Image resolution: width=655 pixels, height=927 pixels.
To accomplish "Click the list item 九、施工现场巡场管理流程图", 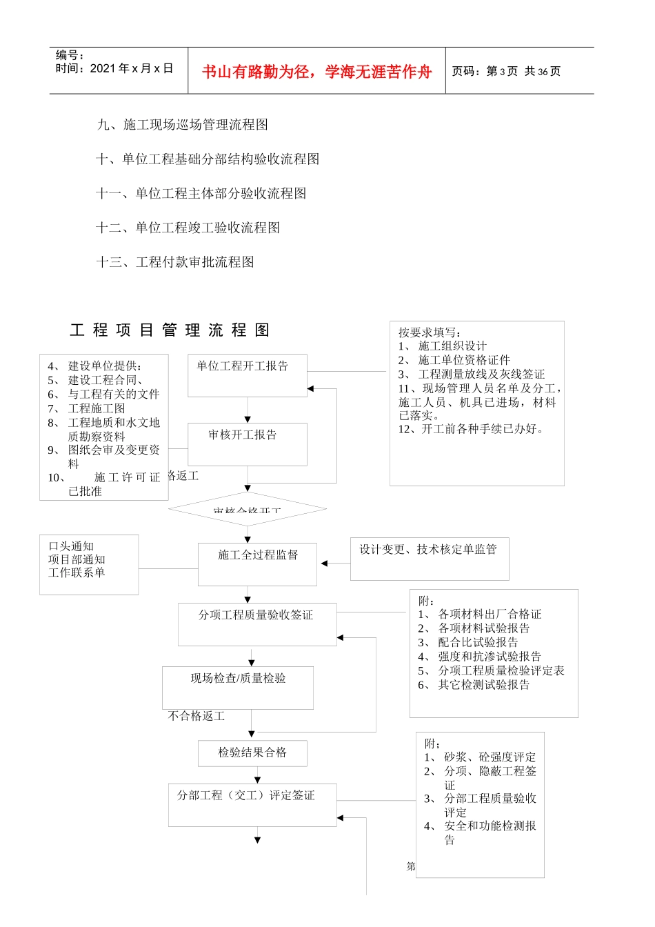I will tap(183, 125).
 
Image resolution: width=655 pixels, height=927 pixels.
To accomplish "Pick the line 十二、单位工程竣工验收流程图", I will tap(188, 228).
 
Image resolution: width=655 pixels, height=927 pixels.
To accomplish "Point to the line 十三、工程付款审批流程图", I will tap(175, 262).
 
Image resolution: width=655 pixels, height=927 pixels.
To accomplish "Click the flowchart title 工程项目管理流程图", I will tap(170, 330).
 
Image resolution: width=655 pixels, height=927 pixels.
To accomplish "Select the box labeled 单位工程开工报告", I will tap(248, 375).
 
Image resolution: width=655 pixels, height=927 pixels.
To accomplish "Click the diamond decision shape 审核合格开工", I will tap(248, 509).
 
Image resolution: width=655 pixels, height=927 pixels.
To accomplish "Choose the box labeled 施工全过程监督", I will tap(257, 564).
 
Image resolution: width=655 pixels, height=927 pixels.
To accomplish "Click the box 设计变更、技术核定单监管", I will tap(429, 558).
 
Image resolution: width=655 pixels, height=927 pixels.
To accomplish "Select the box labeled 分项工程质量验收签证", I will tap(256, 624).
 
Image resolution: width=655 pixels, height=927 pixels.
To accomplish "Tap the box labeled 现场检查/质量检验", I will tap(238, 687).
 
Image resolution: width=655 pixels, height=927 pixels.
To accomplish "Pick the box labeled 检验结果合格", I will tap(252, 752).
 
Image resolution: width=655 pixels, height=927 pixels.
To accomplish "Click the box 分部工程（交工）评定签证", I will tap(252, 804).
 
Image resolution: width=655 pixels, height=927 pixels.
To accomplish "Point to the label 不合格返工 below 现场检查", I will tap(196, 717).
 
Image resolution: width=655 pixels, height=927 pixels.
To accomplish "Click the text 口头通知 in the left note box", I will tap(71, 546).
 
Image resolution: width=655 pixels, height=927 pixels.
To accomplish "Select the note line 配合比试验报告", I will tap(478, 642).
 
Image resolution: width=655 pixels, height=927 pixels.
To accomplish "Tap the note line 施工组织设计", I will tap(452, 346).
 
